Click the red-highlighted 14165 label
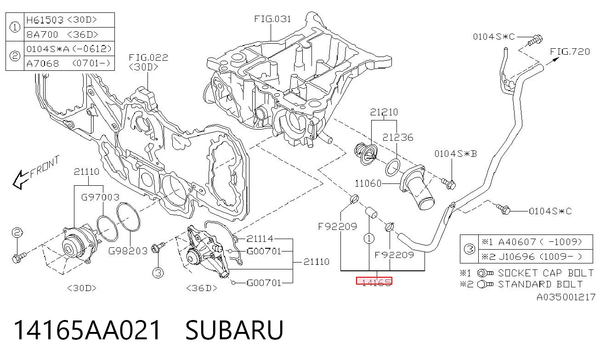coord(374,281)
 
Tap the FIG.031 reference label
coord(272,19)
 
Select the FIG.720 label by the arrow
coord(570,51)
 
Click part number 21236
coord(398,137)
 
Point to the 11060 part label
coord(368,183)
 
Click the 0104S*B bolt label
coord(456,154)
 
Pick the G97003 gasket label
coord(100,197)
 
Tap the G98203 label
coord(128,251)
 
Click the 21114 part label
coord(260,238)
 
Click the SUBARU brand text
coord(234,330)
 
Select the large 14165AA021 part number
coord(87,330)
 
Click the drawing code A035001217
coord(566,297)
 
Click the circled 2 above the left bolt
coord(17,232)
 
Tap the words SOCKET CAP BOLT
coord(546,273)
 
